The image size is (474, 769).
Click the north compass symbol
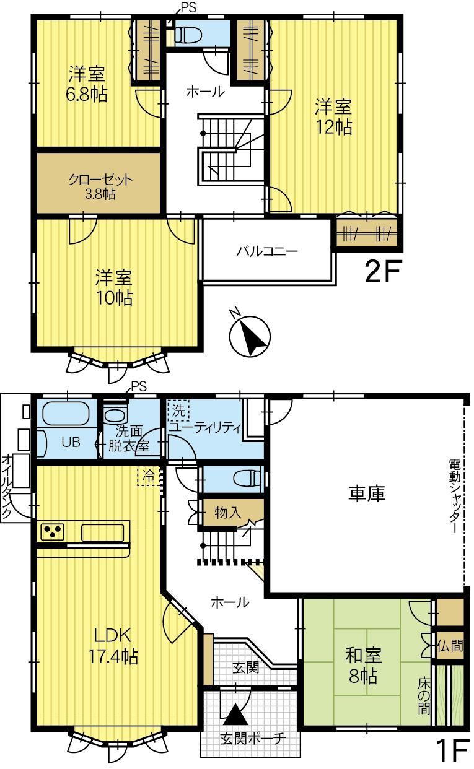pyautogui.click(x=249, y=335)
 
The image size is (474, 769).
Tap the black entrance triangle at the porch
pyautogui.click(x=235, y=714)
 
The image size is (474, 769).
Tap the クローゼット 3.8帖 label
pyautogui.click(x=100, y=186)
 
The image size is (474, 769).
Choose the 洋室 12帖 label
pyautogui.click(x=334, y=117)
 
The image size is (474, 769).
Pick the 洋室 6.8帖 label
pyautogui.click(x=87, y=84)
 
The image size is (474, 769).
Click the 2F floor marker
pyautogui.click(x=383, y=271)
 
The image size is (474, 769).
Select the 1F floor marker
pyautogui.click(x=453, y=750)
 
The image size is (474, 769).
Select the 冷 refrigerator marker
pyautogui.click(x=149, y=476)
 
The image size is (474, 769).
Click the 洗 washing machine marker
pyautogui.click(x=178, y=411)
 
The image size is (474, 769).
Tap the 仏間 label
pyautogui.click(x=450, y=646)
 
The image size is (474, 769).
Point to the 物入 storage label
pyautogui.click(x=228, y=513)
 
